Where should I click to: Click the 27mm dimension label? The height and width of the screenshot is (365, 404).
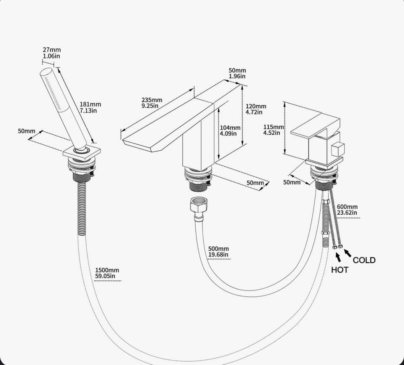[x=52, y=50]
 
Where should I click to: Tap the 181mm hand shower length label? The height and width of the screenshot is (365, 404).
[x=90, y=104]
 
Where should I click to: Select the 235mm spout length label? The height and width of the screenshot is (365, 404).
[x=152, y=100]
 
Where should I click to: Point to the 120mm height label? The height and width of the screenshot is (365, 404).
[x=255, y=106]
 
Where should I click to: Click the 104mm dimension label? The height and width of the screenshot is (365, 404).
[x=230, y=128]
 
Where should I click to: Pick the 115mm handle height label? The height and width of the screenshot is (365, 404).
[x=274, y=127]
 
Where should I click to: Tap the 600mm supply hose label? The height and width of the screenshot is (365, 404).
[x=347, y=207]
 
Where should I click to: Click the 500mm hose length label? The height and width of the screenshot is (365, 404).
[x=218, y=249]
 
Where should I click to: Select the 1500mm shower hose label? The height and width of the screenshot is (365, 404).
[x=107, y=270]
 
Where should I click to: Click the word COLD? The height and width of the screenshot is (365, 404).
[x=364, y=260]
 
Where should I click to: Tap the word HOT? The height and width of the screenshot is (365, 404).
[x=340, y=270]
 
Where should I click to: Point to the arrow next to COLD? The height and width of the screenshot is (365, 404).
[x=348, y=253]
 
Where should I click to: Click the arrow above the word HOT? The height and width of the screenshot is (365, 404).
[x=338, y=258]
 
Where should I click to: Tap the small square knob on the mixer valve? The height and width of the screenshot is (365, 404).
[x=338, y=149]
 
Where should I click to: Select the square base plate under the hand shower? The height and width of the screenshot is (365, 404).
[x=82, y=153]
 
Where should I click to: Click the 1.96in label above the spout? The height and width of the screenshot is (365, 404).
[x=237, y=76]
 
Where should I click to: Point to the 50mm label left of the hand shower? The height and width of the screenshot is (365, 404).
[x=27, y=131]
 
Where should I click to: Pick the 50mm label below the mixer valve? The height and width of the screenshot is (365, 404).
[x=292, y=182]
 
